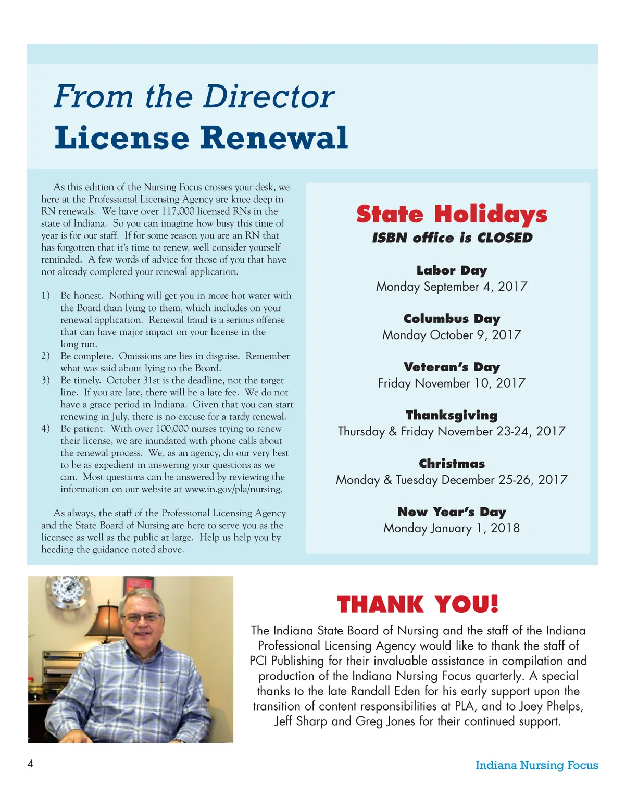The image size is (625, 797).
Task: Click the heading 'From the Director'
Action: pos(194,96)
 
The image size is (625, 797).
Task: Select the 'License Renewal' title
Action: pos(201,138)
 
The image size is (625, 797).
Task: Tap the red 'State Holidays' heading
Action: pos(452,214)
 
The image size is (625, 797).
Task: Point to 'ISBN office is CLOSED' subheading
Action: pos(452,238)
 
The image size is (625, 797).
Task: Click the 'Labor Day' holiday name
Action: pos(452,270)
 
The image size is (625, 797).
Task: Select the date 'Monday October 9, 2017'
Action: pos(452,335)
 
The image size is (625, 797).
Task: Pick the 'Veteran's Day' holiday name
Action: pos(452,367)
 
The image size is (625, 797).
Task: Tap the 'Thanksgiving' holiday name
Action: pos(452,415)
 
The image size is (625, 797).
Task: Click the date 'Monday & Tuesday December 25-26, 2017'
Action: pos(452,480)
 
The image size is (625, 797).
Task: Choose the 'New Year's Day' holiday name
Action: pos(452,512)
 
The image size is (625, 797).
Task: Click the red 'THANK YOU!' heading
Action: pos(418,604)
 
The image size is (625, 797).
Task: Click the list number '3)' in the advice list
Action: pos(46,380)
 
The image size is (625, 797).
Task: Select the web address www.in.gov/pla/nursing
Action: pos(233,489)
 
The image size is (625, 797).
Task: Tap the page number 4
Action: pos(30,764)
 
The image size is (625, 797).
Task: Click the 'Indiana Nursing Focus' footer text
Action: pos(536,765)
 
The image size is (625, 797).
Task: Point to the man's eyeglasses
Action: pos(142,618)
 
